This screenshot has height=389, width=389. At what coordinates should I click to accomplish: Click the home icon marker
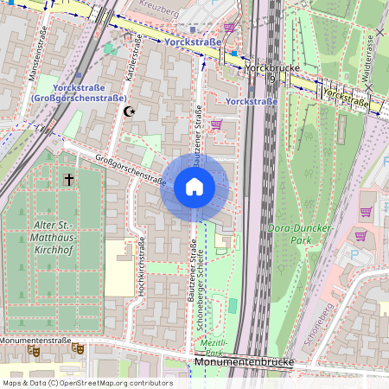[194, 187]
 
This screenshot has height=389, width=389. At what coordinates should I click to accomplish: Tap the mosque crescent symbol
[131, 112]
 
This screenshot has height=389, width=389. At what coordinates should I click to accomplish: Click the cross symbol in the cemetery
[69, 180]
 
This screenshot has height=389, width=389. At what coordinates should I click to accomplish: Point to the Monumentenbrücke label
[245, 361]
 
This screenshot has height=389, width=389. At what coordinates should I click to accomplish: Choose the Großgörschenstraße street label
[130, 168]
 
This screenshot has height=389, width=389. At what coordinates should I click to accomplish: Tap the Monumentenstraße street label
[35, 341]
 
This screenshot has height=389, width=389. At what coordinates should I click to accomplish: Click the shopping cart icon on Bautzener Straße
[216, 124]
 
